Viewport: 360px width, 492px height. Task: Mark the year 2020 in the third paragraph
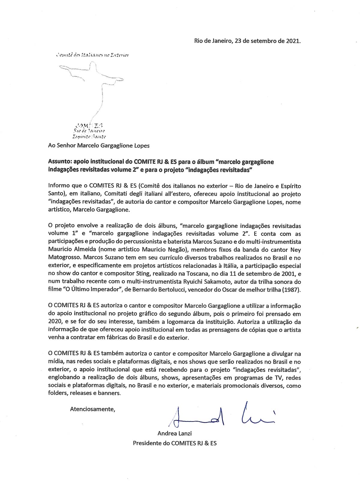pyautogui.click(x=54, y=322)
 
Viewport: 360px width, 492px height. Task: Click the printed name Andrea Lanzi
pyautogui.click(x=175, y=433)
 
